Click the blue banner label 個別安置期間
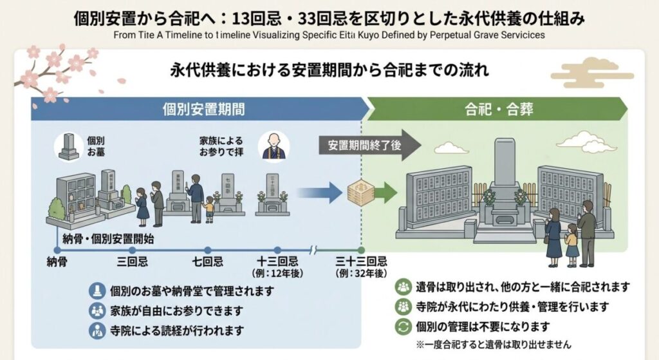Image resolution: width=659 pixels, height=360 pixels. tap(203, 109)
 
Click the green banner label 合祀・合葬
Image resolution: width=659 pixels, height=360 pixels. tap(490, 109)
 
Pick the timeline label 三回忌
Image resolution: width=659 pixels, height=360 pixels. tap(133, 262)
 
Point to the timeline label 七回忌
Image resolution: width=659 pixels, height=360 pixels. tap(207, 262)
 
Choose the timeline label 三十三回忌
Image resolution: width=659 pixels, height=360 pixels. tap(361, 261)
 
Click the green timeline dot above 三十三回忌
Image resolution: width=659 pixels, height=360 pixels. tap(361, 250)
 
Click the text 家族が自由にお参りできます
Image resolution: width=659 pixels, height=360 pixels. tap(176, 310)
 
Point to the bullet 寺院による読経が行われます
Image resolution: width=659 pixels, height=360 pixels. tap(176, 331)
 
